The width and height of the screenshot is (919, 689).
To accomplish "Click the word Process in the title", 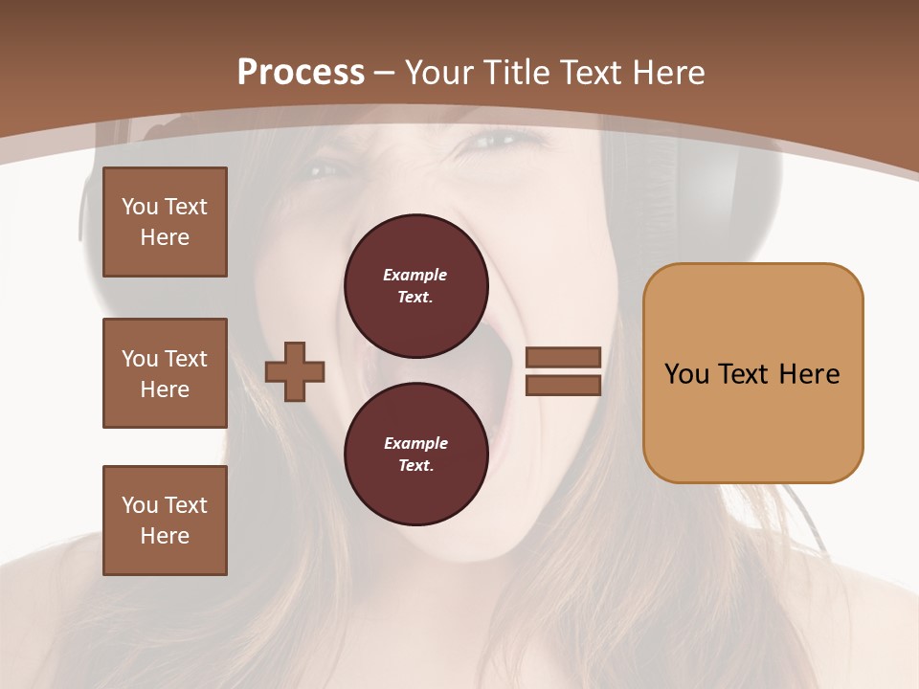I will (301, 73).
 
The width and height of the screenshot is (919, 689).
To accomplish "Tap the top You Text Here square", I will (165, 222).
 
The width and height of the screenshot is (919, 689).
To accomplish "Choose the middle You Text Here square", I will (165, 373).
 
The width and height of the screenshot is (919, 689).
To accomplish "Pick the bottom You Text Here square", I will (165, 521).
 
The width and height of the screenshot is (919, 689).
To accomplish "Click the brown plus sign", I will (295, 371).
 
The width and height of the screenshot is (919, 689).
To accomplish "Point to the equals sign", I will (563, 371).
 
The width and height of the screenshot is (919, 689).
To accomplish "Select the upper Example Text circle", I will (415, 285).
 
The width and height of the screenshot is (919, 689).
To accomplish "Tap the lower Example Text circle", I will (415, 454).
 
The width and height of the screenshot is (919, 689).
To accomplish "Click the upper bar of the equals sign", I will (563, 358).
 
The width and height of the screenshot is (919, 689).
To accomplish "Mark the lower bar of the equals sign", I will (563, 385).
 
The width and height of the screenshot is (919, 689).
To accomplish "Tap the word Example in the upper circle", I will (415, 275).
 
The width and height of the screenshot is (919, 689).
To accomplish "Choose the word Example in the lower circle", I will (415, 443).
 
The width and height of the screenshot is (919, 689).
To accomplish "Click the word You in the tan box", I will (686, 374).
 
